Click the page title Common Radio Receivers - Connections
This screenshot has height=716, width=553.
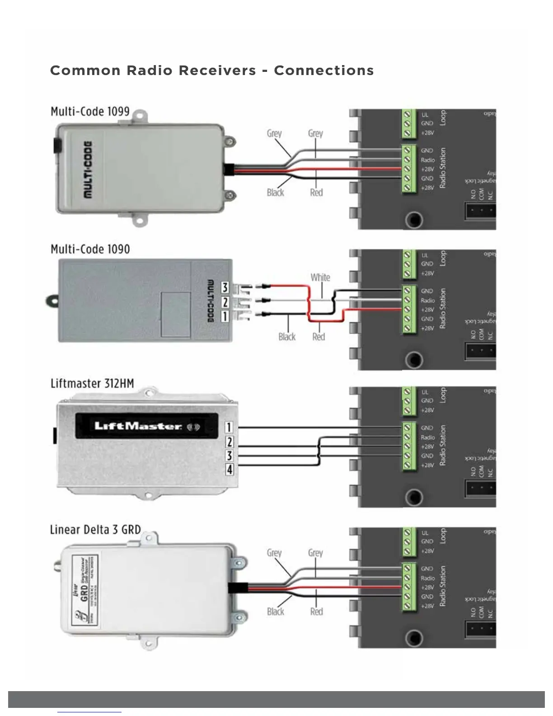pyautogui.click(x=212, y=71)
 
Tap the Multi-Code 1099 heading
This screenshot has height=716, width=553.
pyautogui.click(x=90, y=112)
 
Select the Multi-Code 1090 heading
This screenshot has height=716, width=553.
pyautogui.click(x=90, y=249)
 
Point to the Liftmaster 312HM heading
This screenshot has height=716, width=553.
pyautogui.click(x=92, y=384)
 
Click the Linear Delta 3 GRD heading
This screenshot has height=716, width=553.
pyautogui.click(x=95, y=529)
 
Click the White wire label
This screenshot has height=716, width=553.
pyautogui.click(x=320, y=277)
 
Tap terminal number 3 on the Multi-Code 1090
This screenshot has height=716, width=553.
pyautogui.click(x=225, y=287)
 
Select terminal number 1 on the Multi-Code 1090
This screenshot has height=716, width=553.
pyautogui.click(x=225, y=316)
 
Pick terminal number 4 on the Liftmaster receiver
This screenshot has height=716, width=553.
pyautogui.click(x=230, y=470)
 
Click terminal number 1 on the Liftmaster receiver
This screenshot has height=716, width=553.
pyautogui.click(x=230, y=427)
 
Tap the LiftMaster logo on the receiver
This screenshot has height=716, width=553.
pyautogui.click(x=138, y=426)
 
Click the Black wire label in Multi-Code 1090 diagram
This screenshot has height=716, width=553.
pyautogui.click(x=287, y=337)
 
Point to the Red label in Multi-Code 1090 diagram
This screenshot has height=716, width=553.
pyautogui.click(x=319, y=337)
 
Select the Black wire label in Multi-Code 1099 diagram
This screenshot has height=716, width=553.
pyautogui.click(x=275, y=193)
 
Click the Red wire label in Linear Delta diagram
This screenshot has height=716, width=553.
pyautogui.click(x=316, y=612)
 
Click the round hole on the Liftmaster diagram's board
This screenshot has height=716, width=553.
pyautogui.click(x=413, y=497)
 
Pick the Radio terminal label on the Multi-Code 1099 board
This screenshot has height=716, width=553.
pyautogui.click(x=428, y=160)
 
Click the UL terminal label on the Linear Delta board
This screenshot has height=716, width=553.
pyautogui.click(x=425, y=533)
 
